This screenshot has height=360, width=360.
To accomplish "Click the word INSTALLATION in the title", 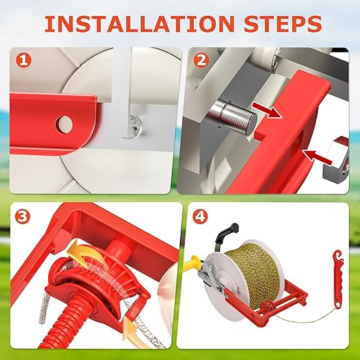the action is pyautogui.click(x=139, y=23).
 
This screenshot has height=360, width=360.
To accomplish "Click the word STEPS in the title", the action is pyautogui.click(x=283, y=23).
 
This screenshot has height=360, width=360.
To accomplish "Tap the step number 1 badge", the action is pyautogui.click(x=23, y=60).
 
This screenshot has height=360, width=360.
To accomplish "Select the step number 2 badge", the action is pyautogui.click(x=201, y=60).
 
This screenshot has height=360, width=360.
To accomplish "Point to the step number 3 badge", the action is pyautogui.click(x=23, y=217).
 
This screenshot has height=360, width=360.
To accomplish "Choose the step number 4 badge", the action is pyautogui.click(x=200, y=217).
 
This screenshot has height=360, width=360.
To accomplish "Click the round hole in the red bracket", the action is pyautogui.click(x=64, y=125).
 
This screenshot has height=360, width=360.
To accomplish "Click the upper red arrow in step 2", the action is pyautogui.click(x=266, y=110).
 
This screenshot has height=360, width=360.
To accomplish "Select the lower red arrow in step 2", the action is pyautogui.click(x=317, y=157).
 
